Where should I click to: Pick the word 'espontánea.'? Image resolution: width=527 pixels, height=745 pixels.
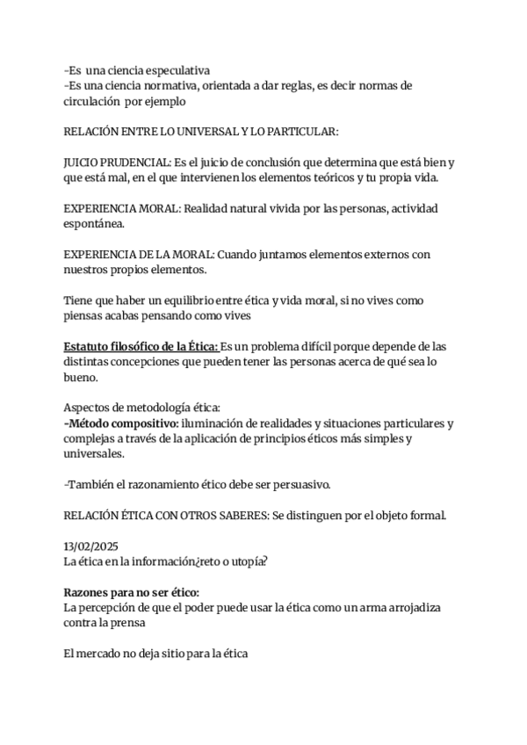coord(92,224)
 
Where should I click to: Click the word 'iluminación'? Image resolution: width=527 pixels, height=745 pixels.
coord(215,423)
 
